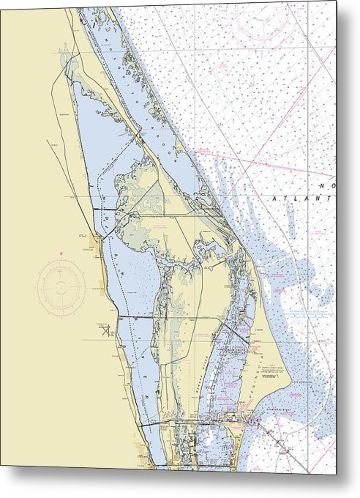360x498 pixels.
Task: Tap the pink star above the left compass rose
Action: [x=62, y=254]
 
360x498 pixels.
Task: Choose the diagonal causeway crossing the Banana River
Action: [x=236, y=335]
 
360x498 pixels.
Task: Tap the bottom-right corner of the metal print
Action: [x=336, y=475]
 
